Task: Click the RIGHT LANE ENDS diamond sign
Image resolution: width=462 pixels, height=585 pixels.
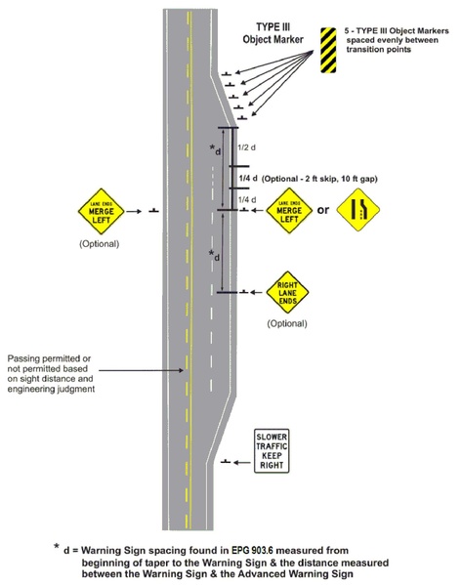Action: [286, 290]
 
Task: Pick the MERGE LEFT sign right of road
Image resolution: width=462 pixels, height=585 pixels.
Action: [286, 209]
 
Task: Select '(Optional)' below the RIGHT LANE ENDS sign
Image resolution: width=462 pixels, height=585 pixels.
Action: [286, 323]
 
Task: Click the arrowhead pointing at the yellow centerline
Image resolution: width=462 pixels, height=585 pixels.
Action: [179, 370]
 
